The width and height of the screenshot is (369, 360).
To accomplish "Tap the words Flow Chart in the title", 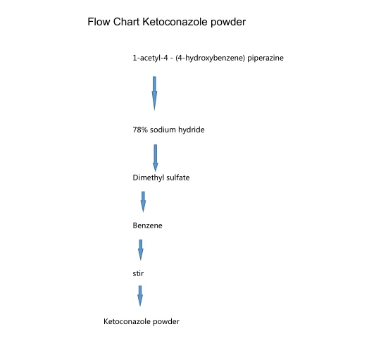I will click(113, 22).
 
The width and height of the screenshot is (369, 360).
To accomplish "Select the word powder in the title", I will click(229, 22).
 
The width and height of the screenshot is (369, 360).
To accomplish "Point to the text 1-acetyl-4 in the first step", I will click(151, 58).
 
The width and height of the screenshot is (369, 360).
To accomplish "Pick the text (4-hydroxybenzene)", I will click(210, 58).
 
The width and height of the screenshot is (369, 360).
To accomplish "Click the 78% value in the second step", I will click(140, 130).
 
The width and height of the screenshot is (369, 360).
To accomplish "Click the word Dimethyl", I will click(149, 178).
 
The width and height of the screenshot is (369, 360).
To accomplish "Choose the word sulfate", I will click(178, 178).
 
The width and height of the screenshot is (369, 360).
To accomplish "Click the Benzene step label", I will click(147, 225).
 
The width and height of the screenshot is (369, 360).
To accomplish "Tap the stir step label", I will click(138, 273).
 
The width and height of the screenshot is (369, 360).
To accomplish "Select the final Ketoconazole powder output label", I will click(142, 321).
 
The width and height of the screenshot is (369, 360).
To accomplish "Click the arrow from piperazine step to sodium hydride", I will click(154, 93).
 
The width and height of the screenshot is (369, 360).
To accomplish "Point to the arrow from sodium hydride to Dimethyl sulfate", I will click(155, 157).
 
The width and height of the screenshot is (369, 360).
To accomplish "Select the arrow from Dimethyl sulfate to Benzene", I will click(144, 201).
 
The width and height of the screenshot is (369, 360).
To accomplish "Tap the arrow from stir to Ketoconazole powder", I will click(140, 296).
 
